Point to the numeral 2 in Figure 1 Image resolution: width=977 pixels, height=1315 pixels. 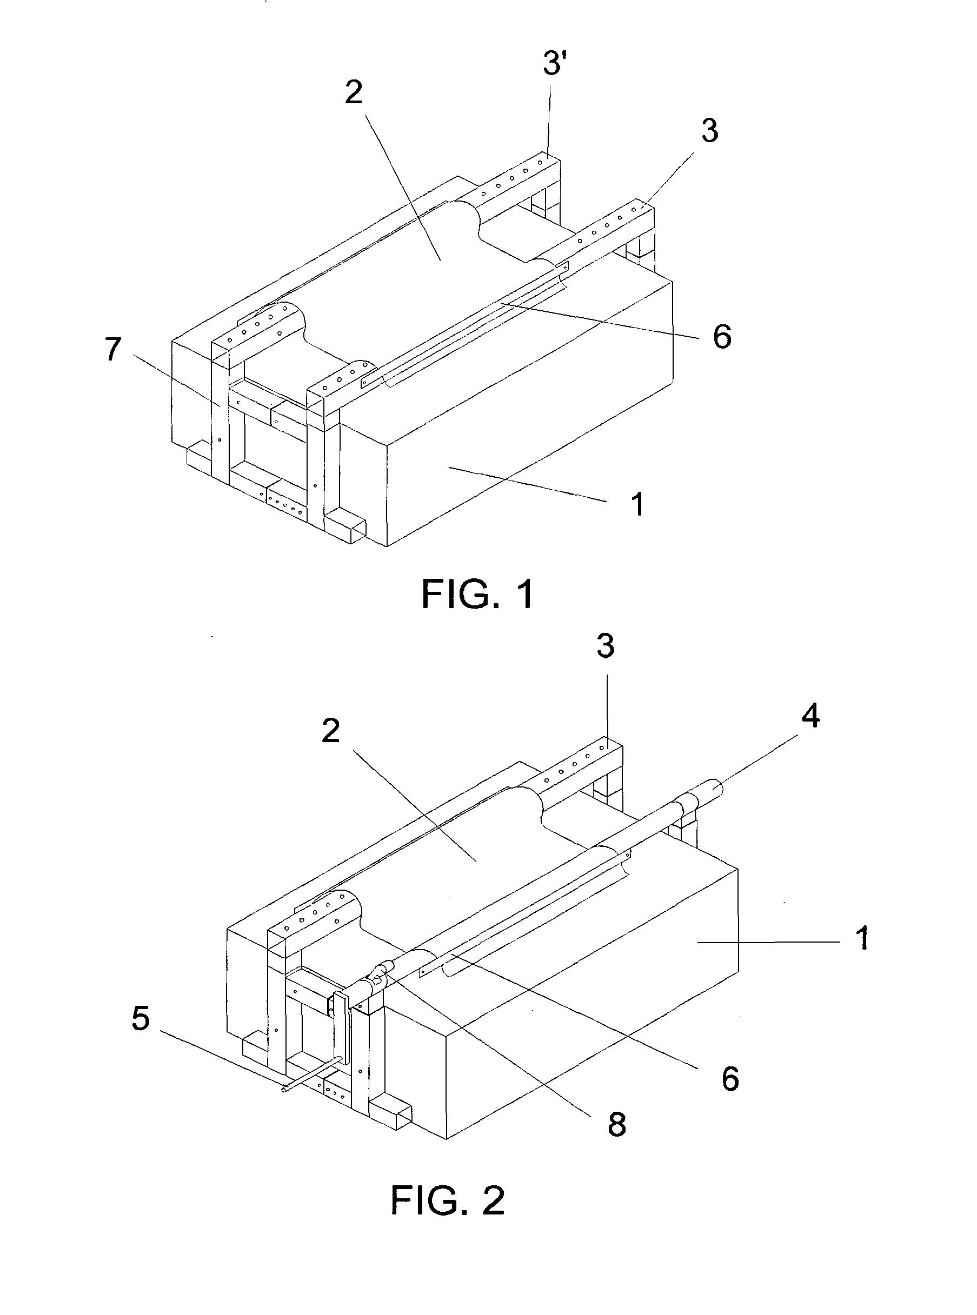click(x=354, y=92)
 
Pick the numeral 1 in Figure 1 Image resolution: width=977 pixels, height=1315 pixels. click(x=637, y=504)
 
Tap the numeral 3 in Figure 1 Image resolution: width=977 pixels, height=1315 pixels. click(x=710, y=130)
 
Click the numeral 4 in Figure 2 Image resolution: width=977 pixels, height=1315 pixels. click(x=810, y=717)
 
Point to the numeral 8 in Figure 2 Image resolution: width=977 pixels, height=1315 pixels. click(x=616, y=1125)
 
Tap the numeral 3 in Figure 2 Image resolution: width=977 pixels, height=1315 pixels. click(x=605, y=646)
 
